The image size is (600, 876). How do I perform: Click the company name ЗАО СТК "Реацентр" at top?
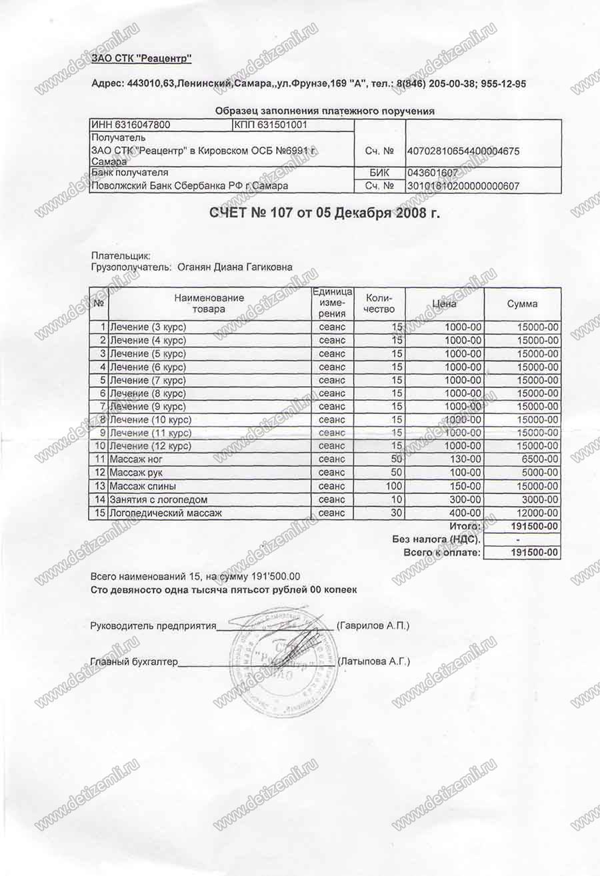click(x=141, y=60)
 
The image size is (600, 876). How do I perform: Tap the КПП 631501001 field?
click(x=270, y=125)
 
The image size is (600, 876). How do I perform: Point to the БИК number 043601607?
click(x=432, y=173)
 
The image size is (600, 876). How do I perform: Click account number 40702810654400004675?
click(x=463, y=151)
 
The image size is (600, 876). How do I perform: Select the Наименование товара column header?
click(x=209, y=303)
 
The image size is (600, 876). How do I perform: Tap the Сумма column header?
click(x=522, y=304)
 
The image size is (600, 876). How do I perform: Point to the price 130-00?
click(x=463, y=459)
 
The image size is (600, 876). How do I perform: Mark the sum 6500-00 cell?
click(x=539, y=459)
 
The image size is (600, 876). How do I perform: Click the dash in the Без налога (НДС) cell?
click(x=518, y=539)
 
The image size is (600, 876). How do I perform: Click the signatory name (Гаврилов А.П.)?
click(x=373, y=626)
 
